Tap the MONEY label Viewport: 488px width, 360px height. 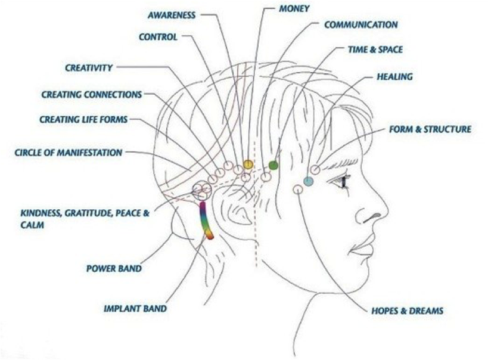(x=294, y=10)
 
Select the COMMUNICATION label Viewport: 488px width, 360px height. (x=361, y=25)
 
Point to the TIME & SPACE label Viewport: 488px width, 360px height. (x=375, y=51)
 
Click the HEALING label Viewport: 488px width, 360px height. (x=394, y=77)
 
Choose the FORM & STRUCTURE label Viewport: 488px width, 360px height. (x=430, y=129)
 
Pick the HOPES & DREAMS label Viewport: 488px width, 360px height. (x=407, y=311)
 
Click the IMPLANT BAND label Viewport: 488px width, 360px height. (x=135, y=309)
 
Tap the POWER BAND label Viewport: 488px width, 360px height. (x=114, y=268)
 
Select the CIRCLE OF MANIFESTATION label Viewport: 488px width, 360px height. (x=68, y=153)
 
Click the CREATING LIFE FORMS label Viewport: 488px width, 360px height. (x=83, y=119)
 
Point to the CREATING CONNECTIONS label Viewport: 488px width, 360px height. (x=92, y=94)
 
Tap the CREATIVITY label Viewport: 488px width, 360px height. (x=89, y=68)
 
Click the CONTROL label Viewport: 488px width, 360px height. (x=158, y=37)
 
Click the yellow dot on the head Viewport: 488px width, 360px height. (x=248, y=164)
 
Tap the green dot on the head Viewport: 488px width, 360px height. (x=273, y=165)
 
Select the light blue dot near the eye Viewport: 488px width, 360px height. (x=308, y=181)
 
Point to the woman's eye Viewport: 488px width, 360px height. (x=344, y=181)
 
